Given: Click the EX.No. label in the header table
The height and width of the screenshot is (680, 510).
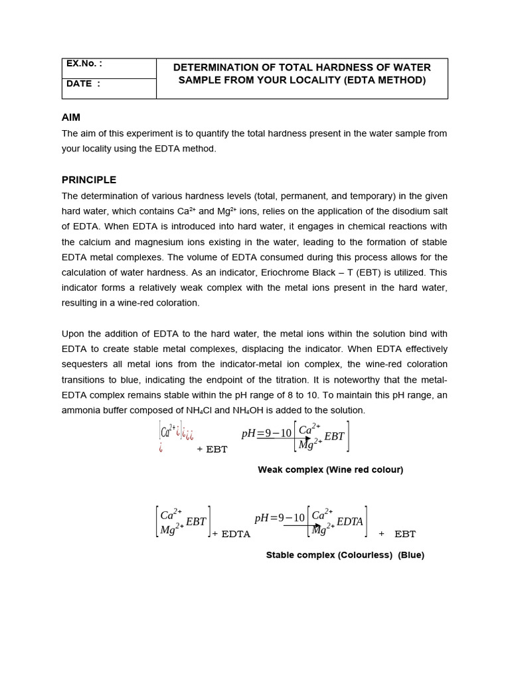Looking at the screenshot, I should [83, 64].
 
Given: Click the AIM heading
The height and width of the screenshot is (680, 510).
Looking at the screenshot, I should [71, 118].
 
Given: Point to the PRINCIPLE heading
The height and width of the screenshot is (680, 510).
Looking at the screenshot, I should [89, 180].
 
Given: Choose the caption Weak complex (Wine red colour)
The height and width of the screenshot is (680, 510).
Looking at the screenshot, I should [330, 469].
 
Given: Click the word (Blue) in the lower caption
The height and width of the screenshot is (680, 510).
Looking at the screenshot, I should [411, 555].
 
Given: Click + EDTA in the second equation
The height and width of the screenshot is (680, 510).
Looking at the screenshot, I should [231, 534].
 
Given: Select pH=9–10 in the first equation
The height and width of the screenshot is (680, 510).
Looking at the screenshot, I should [266, 433].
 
